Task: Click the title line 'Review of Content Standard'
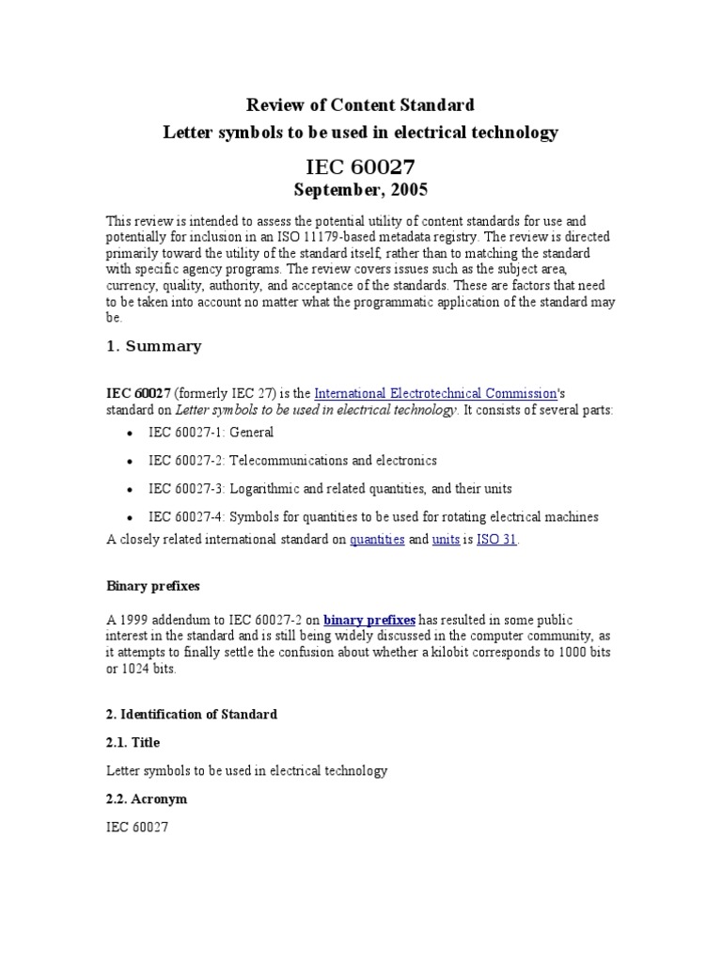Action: (360, 104)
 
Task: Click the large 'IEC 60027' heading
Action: (360, 167)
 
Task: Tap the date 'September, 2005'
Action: (360, 191)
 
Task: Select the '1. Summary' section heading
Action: (153, 346)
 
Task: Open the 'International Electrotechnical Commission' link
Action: (435, 393)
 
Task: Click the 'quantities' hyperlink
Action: (377, 540)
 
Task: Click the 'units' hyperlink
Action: (446, 540)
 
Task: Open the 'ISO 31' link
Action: (496, 540)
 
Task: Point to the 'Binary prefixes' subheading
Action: (151, 586)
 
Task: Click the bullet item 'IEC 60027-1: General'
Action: (211, 433)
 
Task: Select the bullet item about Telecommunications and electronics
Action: (292, 461)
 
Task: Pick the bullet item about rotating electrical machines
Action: (373, 517)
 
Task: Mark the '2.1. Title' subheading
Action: (133, 743)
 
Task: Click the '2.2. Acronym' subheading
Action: (146, 798)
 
